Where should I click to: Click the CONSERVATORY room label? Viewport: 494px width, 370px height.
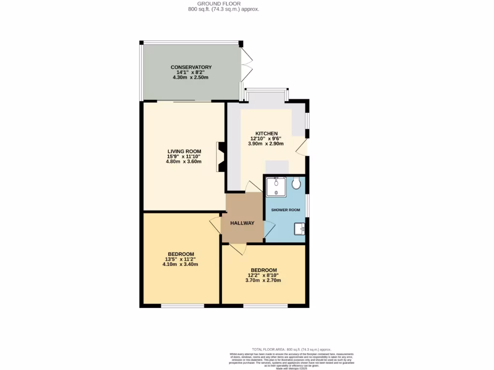[x=191, y=67]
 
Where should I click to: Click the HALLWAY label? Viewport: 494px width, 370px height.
[x=242, y=223]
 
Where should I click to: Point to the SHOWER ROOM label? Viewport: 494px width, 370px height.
[x=286, y=210]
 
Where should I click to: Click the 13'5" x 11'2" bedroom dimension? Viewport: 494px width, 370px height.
[x=181, y=259]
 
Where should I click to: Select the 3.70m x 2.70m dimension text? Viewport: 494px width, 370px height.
[x=263, y=280]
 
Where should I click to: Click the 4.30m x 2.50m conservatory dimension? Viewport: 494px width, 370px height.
[x=191, y=77]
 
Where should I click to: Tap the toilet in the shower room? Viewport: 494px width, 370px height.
[x=297, y=183]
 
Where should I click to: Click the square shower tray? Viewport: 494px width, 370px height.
[x=276, y=186]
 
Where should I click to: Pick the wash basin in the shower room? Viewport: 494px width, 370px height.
[x=300, y=228]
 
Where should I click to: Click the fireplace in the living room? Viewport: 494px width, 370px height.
[x=221, y=157]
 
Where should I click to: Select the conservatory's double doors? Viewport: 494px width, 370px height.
[x=247, y=65]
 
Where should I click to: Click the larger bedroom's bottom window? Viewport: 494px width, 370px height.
[x=182, y=306]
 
